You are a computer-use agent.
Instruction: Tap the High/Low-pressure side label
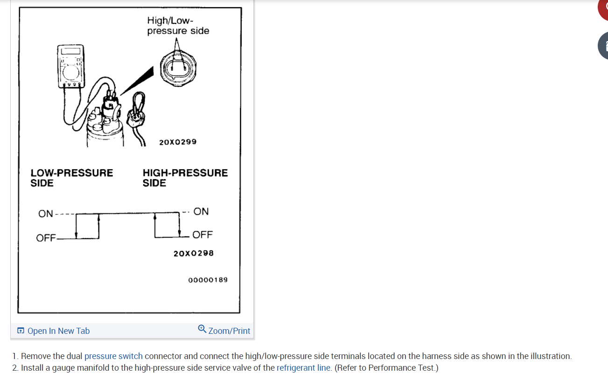tap(178, 26)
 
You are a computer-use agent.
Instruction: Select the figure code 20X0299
tap(178, 142)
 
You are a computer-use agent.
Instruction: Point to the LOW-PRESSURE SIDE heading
tap(71, 178)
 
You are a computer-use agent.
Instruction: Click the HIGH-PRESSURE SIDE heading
tap(185, 178)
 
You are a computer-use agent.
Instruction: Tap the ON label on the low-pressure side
tap(46, 214)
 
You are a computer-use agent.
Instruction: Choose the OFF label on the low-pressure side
tap(46, 238)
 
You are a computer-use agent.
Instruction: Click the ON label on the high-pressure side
tap(201, 211)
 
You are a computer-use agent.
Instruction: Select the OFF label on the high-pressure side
tap(203, 235)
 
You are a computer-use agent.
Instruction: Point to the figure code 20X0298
tap(193, 253)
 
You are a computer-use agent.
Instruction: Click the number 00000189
tap(208, 280)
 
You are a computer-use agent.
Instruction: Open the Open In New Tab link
tap(58, 331)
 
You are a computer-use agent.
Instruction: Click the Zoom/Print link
tap(229, 331)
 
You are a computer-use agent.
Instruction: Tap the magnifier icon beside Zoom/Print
tap(202, 329)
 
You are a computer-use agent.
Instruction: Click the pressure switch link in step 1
tap(113, 356)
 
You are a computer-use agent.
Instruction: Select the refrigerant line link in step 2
tap(304, 368)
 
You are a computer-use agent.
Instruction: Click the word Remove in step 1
tap(36, 356)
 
